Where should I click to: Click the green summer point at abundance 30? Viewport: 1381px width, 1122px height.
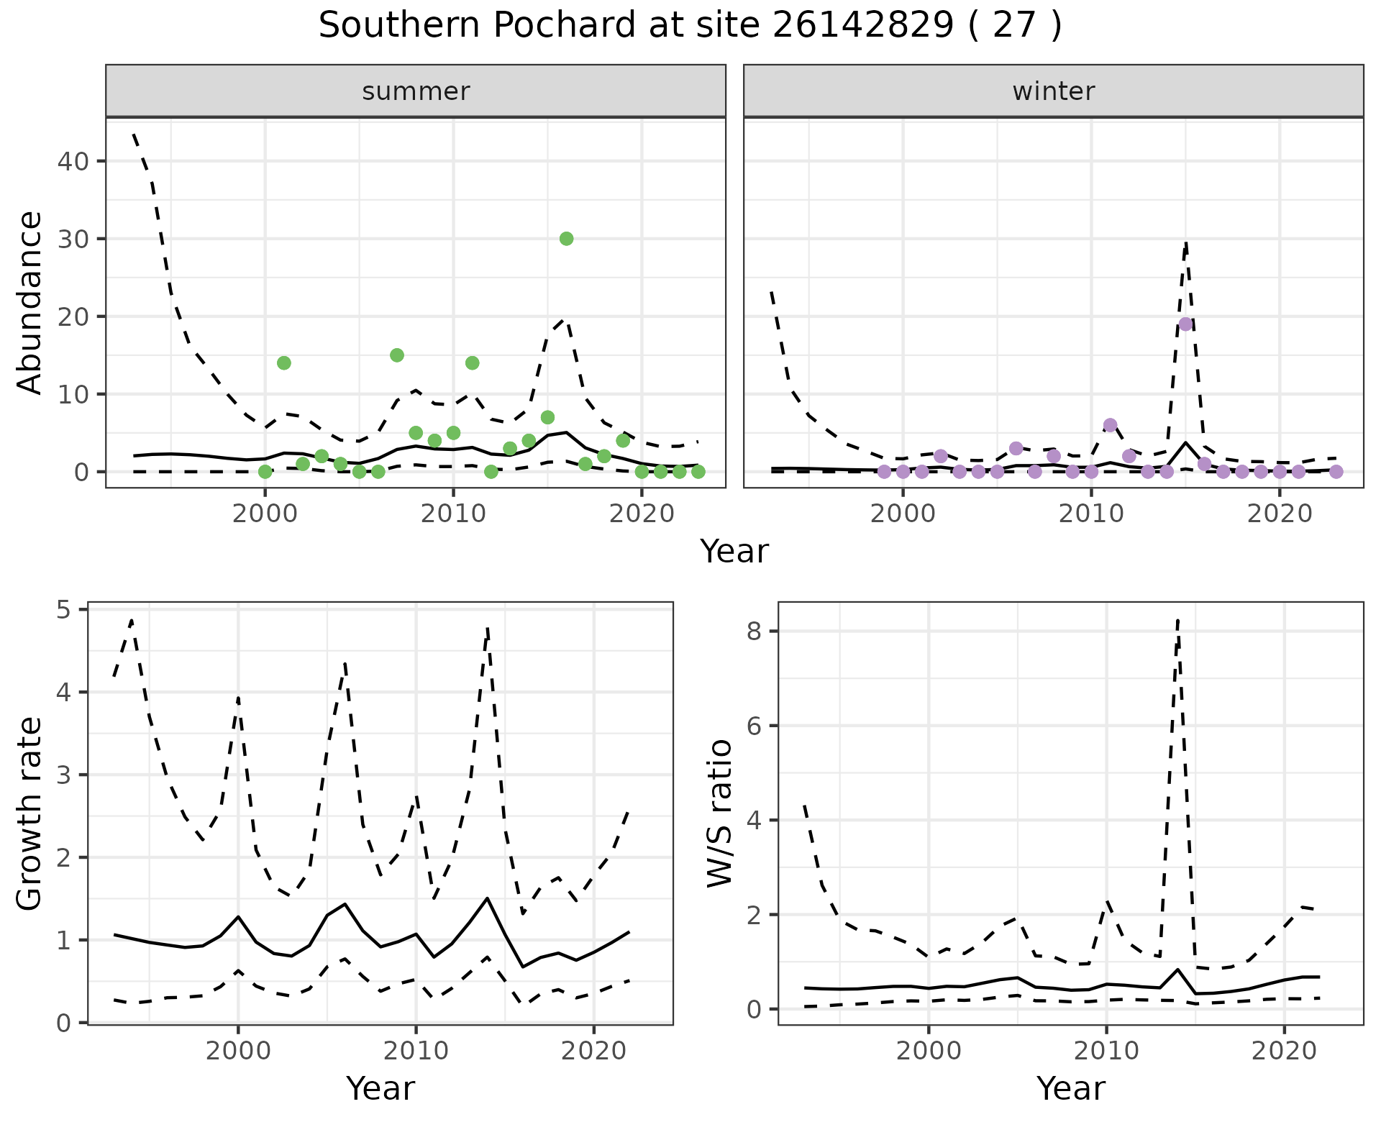click(x=566, y=239)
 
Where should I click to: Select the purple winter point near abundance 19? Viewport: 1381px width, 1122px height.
click(x=1185, y=324)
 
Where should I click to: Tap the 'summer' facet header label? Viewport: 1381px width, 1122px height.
click(x=416, y=91)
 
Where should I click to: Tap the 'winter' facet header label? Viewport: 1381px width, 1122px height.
click(x=1053, y=91)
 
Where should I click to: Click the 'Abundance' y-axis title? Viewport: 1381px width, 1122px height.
click(x=30, y=302)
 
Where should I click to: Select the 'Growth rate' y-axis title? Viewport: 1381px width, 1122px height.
click(x=30, y=814)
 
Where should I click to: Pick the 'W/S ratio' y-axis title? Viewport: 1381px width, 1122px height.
click(x=719, y=813)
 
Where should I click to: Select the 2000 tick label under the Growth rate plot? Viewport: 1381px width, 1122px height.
click(x=238, y=1051)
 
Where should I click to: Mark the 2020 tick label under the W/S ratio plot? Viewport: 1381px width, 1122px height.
click(x=1284, y=1051)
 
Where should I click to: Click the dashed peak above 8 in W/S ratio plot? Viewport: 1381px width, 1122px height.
click(x=1177, y=620)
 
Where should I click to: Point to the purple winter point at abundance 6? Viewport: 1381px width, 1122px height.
click(x=1110, y=425)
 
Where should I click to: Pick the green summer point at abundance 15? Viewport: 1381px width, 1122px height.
click(x=396, y=355)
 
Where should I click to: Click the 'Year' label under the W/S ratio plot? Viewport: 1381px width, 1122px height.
click(x=1070, y=1088)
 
